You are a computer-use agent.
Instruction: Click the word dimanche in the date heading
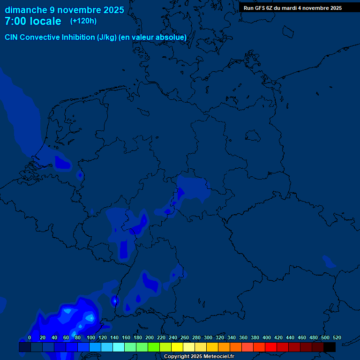point(26,10)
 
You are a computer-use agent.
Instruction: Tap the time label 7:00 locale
point(33,21)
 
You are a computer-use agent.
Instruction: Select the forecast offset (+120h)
point(83,21)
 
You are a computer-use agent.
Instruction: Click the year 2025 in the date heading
point(113,10)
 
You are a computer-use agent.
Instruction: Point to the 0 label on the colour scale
point(30,338)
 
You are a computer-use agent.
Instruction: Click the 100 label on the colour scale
point(91,338)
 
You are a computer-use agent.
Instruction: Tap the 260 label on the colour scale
point(185,338)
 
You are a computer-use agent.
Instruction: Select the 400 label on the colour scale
point(267,338)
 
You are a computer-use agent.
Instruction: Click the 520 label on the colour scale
point(337,338)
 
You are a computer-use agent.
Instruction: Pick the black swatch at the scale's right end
point(330,347)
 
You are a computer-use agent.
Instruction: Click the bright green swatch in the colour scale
point(154,347)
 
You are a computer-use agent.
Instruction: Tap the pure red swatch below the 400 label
point(271,347)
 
